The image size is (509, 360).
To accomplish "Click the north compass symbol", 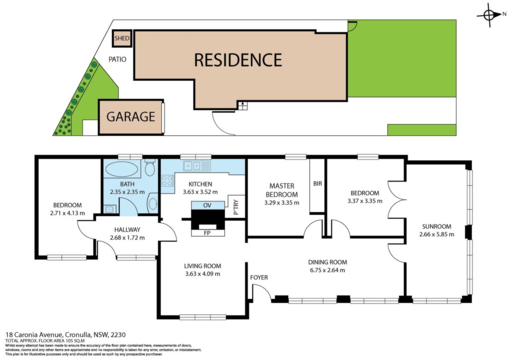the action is tap(489, 14).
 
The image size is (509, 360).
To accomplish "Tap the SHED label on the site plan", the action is tap(122, 38).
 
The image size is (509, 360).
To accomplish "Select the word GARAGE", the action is tap(131, 116).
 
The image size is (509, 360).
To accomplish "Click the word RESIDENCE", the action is tap(238, 60).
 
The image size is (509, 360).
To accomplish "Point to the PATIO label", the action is tap(117, 59).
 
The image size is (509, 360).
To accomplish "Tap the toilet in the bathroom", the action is tap(150, 168).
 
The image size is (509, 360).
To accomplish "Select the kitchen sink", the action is tap(192, 166).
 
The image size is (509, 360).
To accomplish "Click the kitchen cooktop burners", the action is tap(168, 181).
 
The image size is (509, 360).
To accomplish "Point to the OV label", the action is tap(207, 205).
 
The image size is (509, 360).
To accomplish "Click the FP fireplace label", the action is tap(207, 233).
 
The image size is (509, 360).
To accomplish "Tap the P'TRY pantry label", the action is tap(236, 207).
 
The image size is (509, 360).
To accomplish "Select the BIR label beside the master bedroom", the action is tap(318, 183).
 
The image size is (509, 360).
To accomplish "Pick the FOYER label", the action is tap(259, 277).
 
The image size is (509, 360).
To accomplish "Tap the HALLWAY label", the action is tap(127, 230).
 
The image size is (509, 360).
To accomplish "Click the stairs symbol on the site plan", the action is tap(243, 105).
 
